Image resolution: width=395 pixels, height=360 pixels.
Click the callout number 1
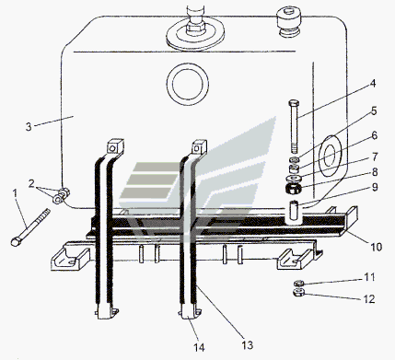pos(15,194)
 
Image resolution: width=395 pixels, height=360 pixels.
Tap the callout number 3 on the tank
pos(29,127)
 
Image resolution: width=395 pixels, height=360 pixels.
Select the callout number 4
pos(372,83)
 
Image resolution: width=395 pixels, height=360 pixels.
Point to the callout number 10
pos(377,246)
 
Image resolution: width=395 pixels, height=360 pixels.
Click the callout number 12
pos(369,298)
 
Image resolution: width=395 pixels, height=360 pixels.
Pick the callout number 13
pos(248,345)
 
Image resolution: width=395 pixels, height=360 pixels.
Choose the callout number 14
pos(199,347)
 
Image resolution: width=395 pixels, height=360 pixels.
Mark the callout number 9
pos(375,187)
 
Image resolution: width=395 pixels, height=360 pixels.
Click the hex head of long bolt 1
pos(15,241)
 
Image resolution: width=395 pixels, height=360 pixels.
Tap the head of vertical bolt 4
pos(294,103)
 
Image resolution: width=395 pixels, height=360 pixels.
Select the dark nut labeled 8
pos(294,188)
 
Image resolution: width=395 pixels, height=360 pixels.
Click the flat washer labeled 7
pos(294,178)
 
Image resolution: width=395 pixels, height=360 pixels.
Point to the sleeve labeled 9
pos(296,211)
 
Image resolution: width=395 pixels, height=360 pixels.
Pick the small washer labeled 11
pos(298,283)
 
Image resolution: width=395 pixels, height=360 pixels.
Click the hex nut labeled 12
pos(298,293)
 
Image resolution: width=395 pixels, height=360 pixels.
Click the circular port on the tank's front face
pos(188,85)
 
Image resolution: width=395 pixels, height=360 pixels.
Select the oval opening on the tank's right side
pos(331,157)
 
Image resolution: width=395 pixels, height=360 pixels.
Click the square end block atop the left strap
pos(115,146)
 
